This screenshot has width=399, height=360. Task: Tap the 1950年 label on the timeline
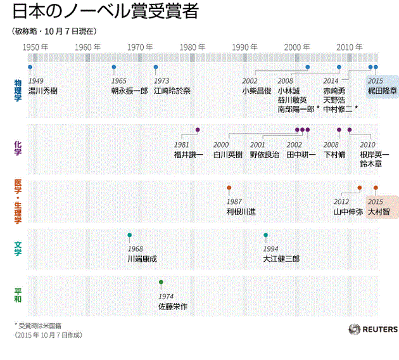35,48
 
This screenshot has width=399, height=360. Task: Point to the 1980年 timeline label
192,48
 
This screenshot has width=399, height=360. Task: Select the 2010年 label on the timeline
349,48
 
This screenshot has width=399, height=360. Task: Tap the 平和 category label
18,295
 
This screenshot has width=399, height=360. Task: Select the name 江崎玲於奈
172,91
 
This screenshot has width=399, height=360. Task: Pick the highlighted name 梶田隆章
383,91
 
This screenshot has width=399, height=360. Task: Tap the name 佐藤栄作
173,307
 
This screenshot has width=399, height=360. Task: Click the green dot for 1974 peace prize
161,282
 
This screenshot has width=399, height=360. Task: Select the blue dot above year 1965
114,67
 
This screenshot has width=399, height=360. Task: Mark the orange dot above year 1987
229,188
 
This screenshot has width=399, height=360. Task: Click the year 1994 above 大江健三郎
270,249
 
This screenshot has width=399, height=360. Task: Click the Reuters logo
373,329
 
